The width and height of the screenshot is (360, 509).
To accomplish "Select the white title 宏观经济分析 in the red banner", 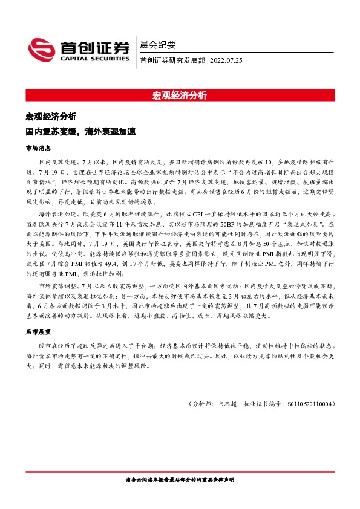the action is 180,96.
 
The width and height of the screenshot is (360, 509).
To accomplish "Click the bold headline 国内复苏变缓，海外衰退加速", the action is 80,130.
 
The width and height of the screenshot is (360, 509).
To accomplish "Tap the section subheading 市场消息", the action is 39,147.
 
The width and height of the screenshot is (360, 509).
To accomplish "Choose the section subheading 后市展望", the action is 39,332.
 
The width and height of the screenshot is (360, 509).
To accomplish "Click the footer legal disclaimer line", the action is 180,479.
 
